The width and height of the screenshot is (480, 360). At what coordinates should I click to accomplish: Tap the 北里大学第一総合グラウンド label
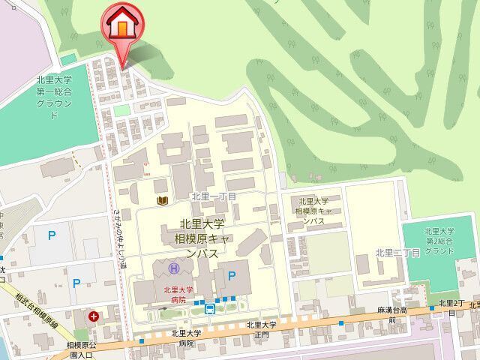[53, 98]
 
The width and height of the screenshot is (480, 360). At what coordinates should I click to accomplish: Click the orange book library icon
[161, 200]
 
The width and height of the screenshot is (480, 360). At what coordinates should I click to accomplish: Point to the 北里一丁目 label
[214, 196]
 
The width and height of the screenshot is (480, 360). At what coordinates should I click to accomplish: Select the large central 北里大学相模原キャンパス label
[203, 238]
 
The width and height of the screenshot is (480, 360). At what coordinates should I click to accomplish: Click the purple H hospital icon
[174, 268]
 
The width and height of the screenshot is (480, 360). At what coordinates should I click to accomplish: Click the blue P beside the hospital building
[232, 275]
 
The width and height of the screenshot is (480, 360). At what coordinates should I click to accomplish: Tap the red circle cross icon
[94, 316]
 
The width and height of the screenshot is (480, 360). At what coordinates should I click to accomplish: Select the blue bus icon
[211, 309]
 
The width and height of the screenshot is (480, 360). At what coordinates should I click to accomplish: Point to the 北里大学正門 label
[262, 330]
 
